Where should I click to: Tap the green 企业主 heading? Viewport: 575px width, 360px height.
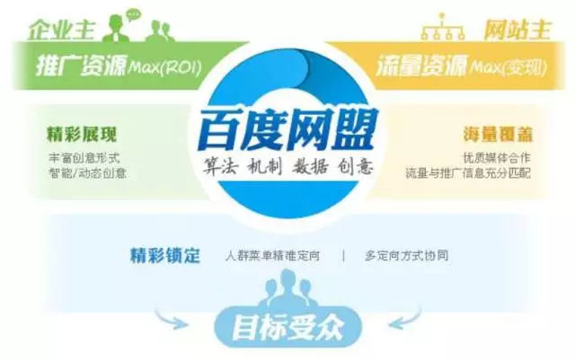[62, 30]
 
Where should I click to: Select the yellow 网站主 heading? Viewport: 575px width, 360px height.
[517, 30]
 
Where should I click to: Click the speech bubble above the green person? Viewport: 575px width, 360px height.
[133, 14]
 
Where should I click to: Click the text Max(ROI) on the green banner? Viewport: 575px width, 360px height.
[164, 67]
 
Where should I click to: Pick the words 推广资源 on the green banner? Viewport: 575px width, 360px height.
[81, 66]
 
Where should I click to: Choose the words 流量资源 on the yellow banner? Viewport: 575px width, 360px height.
[421, 66]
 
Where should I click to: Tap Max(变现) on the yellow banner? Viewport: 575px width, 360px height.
[508, 67]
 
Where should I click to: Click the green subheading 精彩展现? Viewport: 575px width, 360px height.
[82, 135]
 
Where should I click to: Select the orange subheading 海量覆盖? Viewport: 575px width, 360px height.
[497, 135]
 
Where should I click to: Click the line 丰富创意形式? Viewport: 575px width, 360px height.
[84, 158]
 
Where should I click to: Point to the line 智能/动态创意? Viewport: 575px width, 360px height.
[87, 172]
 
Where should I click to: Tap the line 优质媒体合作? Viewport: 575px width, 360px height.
[497, 158]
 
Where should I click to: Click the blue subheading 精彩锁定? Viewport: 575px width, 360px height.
[165, 255]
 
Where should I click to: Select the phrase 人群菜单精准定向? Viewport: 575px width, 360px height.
[272, 256]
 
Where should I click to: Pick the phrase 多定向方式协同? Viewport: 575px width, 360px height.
[406, 256]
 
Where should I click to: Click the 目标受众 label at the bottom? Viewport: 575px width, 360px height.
[287, 327]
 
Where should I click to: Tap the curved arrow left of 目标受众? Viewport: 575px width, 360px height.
[170, 318]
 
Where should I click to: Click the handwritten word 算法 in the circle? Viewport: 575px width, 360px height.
[221, 166]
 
